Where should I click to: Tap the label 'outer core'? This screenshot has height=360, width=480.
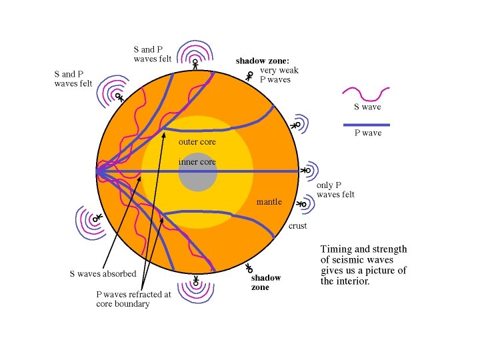click(x=197, y=142)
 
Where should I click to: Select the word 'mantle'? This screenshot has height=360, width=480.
click(x=269, y=201)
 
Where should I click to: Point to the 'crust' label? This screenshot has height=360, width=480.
click(x=297, y=227)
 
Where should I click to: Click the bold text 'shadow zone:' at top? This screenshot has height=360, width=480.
click(x=261, y=61)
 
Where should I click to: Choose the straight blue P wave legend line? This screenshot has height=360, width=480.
click(x=365, y=125)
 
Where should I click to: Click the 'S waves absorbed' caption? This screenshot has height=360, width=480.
click(x=103, y=273)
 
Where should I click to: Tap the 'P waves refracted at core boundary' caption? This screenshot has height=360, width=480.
click(x=133, y=299)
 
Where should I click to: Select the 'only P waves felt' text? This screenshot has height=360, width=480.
click(x=335, y=190)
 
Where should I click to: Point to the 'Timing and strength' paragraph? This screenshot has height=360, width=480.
click(x=363, y=265)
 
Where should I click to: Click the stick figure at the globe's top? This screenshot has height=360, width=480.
click(x=195, y=64)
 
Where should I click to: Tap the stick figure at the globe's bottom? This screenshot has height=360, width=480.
click(x=195, y=281)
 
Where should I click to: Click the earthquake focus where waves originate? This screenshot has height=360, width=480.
click(x=97, y=172)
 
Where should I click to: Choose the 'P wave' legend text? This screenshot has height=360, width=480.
click(x=367, y=133)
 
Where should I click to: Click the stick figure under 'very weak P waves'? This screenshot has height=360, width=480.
click(x=249, y=77)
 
